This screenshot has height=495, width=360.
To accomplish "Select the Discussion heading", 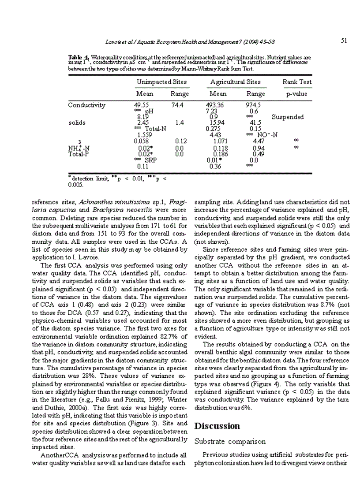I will pyautogui.click(x=217, y=426).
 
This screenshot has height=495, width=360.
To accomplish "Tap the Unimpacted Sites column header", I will pyautogui.click(x=155, y=82).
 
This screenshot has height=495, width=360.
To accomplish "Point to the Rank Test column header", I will pyautogui.click(x=297, y=82).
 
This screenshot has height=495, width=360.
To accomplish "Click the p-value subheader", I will pyautogui.click(x=296, y=94).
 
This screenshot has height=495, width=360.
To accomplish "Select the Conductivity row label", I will pyautogui.click(x=86, y=105).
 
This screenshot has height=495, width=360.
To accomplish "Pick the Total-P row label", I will pyautogui.click(x=78, y=154).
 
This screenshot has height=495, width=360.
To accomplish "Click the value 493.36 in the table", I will pyautogui.click(x=215, y=105).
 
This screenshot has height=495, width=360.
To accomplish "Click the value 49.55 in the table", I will pyautogui.click(x=142, y=105).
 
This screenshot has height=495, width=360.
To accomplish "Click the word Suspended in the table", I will pyautogui.click(x=287, y=117).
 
